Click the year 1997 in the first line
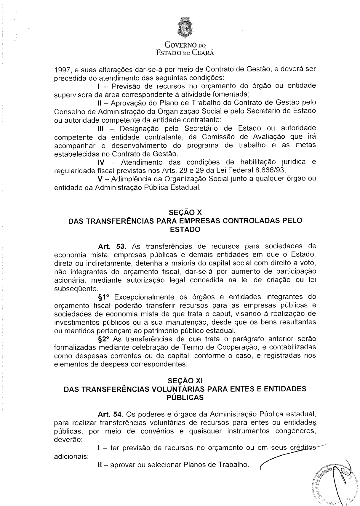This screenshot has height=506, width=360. click(62, 70)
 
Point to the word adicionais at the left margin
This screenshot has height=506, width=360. click(71, 457)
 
